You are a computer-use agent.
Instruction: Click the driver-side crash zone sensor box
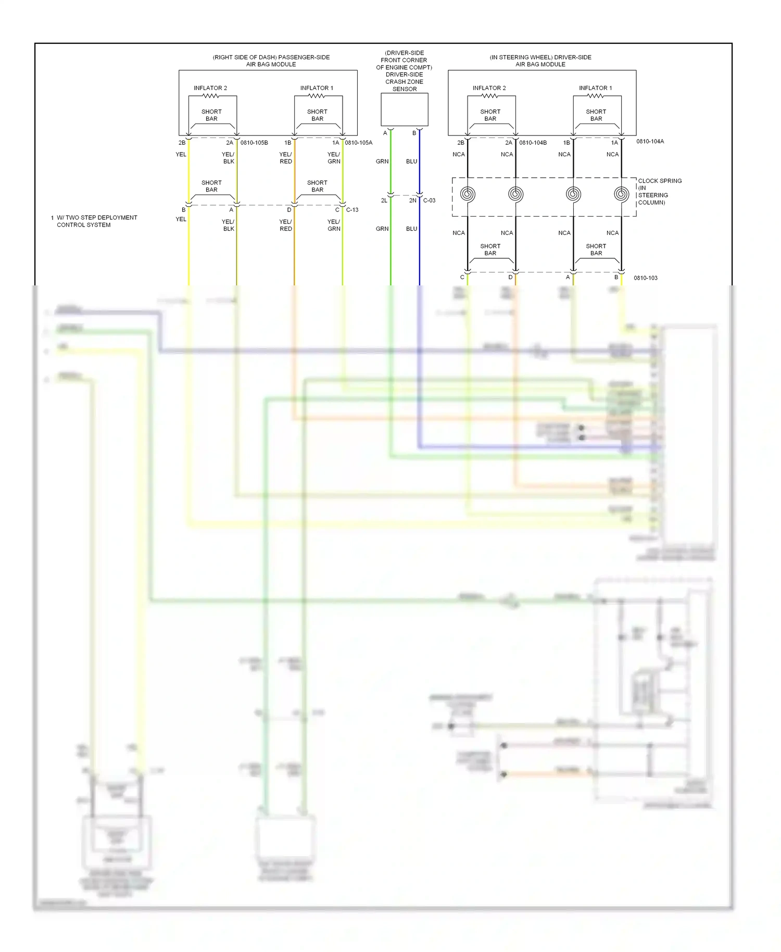[x=404, y=109]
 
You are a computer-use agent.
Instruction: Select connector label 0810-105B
[x=254, y=143]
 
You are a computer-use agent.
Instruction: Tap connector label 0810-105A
[x=358, y=143]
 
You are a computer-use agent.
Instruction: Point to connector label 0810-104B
[x=533, y=143]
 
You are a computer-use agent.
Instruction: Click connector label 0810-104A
[x=650, y=142]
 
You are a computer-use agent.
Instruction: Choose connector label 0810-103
[x=645, y=278]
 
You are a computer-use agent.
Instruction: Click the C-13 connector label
[x=352, y=210]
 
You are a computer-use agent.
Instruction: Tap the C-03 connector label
[x=429, y=201]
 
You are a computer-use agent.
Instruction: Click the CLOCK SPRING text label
[x=660, y=181]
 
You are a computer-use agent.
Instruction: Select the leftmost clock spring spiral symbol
[x=468, y=194]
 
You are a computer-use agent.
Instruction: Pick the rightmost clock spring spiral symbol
[x=621, y=194]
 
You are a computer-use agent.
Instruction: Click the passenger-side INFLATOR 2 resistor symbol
[x=211, y=96]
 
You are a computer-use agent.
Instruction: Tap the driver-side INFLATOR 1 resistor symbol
[x=596, y=96]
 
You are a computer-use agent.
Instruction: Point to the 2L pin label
[x=384, y=201]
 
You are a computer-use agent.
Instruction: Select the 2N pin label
[x=412, y=201]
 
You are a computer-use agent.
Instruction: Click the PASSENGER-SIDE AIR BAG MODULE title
[x=271, y=61]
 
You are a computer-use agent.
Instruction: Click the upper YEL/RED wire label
[x=285, y=158]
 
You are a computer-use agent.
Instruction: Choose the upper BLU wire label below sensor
[x=411, y=161]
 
